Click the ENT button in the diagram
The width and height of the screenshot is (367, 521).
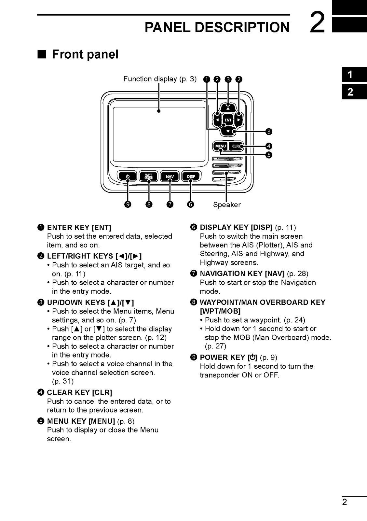(x=228, y=120)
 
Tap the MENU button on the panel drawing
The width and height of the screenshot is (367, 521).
(x=220, y=146)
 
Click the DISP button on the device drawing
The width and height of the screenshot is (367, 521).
(x=191, y=176)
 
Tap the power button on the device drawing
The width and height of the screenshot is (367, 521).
(x=128, y=176)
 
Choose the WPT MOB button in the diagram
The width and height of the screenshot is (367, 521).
(x=149, y=176)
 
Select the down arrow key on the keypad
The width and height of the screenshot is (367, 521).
(x=228, y=132)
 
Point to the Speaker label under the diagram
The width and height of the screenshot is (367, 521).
(x=227, y=205)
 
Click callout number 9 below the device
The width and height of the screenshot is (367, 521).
(x=128, y=204)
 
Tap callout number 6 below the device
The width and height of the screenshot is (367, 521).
(x=191, y=204)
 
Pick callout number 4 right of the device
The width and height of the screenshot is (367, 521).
(x=269, y=146)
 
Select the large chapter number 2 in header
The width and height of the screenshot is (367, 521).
(x=317, y=22)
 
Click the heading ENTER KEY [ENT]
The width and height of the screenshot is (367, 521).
(x=79, y=227)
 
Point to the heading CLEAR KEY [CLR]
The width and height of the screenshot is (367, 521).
(x=79, y=392)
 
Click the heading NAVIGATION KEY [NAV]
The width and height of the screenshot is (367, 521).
(x=242, y=274)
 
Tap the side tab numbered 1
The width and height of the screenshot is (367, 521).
(x=350, y=75)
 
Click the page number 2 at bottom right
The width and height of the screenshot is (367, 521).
(x=345, y=502)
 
